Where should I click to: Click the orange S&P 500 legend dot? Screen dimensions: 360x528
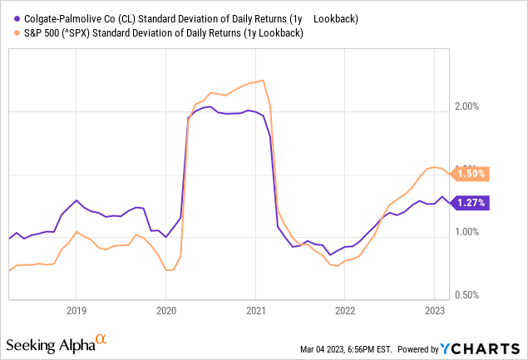click(10, 33)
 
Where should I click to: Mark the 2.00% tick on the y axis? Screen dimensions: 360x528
click(471, 106)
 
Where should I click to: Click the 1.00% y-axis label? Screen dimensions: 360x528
click(471, 232)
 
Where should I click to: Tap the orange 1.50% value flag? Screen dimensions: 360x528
click(471, 174)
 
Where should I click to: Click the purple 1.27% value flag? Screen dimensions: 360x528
click(471, 202)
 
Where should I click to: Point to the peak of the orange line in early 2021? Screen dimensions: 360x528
click(263, 81)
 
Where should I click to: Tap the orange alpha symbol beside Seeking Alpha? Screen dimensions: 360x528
click(101, 339)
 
